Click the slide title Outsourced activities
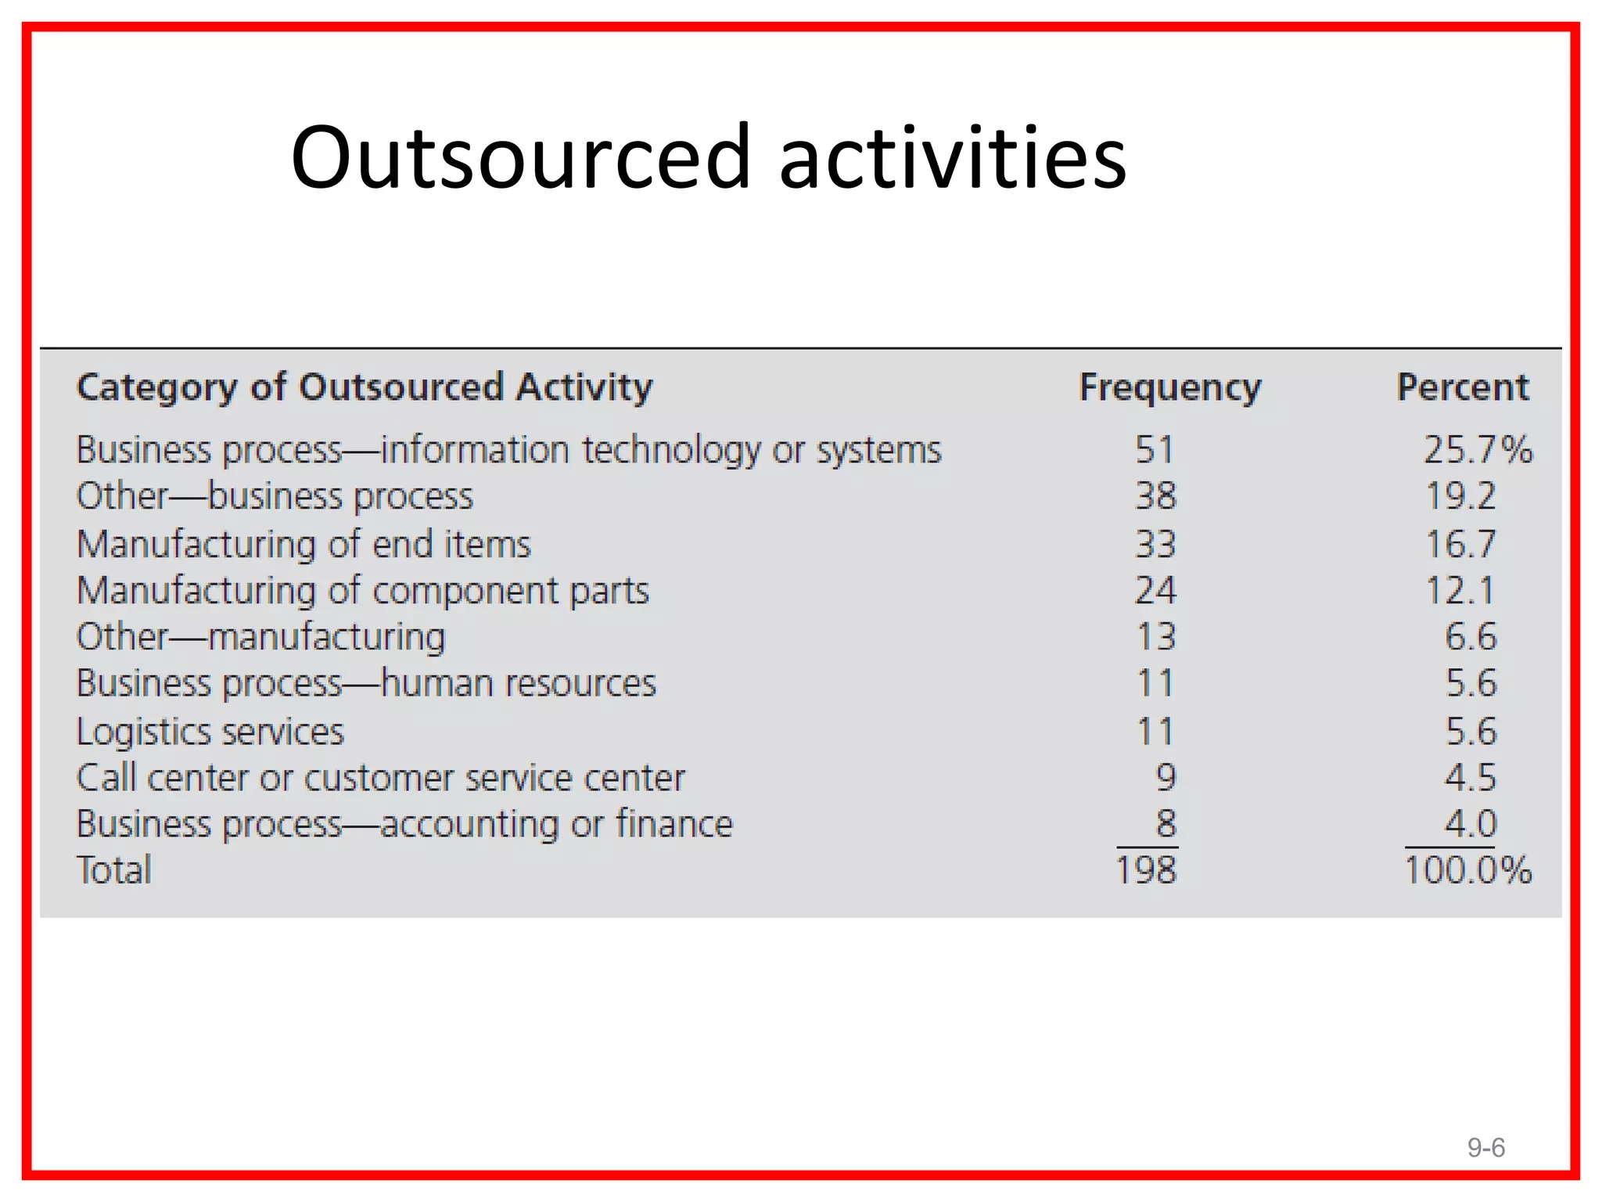point(708,157)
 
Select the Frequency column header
point(1170,387)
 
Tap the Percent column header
point(1463,387)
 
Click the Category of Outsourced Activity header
point(365,388)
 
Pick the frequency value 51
point(1155,450)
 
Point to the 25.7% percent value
point(1477,450)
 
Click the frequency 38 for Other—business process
point(1155,496)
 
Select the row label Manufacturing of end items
point(304,544)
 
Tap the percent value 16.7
point(1460,544)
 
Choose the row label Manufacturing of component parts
point(363,591)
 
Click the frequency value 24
point(1155,591)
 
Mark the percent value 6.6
point(1470,637)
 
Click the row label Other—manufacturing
point(260,637)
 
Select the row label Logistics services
point(210,732)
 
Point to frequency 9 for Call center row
point(1166,777)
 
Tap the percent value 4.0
point(1470,824)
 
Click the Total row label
point(114,870)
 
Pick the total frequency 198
point(1146,870)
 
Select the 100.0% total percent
point(1467,870)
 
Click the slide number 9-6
point(1485,1148)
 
